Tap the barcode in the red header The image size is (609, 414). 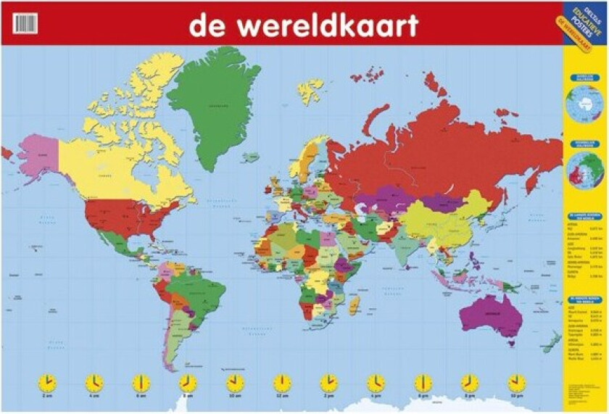(25, 24)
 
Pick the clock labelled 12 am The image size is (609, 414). (282, 382)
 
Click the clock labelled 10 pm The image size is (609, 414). (516, 382)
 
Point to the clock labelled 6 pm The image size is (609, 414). (423, 382)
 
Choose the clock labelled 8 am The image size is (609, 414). (188, 382)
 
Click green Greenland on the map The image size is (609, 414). (214, 102)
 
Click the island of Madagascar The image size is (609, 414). (354, 305)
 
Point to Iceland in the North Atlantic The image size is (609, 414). (251, 157)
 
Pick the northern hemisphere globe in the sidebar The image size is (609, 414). (585, 171)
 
